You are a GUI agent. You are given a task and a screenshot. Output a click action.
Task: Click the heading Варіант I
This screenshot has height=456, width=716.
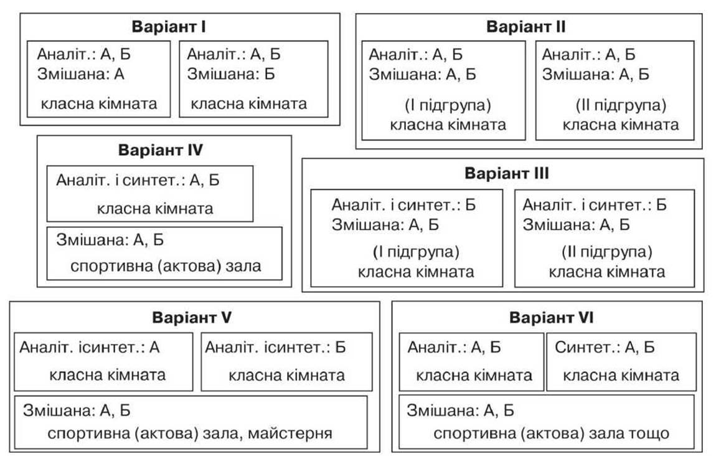[x=169, y=27]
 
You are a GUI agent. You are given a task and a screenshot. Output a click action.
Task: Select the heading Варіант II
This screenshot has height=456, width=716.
[x=526, y=27]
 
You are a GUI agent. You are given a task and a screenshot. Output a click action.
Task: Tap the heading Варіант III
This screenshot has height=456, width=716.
[x=506, y=174]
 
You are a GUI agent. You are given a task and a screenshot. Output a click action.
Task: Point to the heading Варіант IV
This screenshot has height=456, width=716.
[x=160, y=150]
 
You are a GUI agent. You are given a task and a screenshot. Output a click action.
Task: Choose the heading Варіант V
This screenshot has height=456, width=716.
[x=192, y=317]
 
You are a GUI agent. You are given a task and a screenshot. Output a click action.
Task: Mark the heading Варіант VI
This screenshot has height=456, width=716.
[x=551, y=317]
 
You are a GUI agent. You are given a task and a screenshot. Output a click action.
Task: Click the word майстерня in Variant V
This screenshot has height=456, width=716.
[x=290, y=433]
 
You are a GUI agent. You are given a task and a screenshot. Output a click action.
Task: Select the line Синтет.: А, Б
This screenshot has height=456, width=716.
[x=605, y=348]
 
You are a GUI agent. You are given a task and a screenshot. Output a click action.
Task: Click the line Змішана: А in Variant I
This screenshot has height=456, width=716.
[x=81, y=74]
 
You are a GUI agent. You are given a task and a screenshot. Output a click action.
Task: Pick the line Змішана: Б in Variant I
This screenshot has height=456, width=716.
[x=231, y=74]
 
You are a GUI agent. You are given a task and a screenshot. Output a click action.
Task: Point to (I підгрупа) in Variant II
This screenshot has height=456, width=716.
[x=448, y=105]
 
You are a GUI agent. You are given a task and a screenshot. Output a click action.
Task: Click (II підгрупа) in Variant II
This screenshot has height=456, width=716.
[x=621, y=105]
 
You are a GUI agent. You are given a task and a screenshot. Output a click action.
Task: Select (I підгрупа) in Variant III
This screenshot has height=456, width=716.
[x=415, y=252]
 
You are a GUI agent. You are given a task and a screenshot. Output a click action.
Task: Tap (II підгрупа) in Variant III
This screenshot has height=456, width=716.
[x=607, y=252]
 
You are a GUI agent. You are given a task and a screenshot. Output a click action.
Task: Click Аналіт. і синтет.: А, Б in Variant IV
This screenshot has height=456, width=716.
[x=138, y=181]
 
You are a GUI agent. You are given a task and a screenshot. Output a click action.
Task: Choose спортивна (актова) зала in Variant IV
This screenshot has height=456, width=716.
[x=166, y=266]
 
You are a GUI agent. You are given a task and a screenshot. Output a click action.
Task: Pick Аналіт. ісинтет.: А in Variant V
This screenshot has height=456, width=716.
[x=90, y=348]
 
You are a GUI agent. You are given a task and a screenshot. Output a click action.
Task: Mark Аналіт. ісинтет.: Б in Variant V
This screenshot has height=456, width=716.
[x=275, y=348]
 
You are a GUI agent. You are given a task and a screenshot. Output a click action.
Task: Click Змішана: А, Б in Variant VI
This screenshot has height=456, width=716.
[x=460, y=411]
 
